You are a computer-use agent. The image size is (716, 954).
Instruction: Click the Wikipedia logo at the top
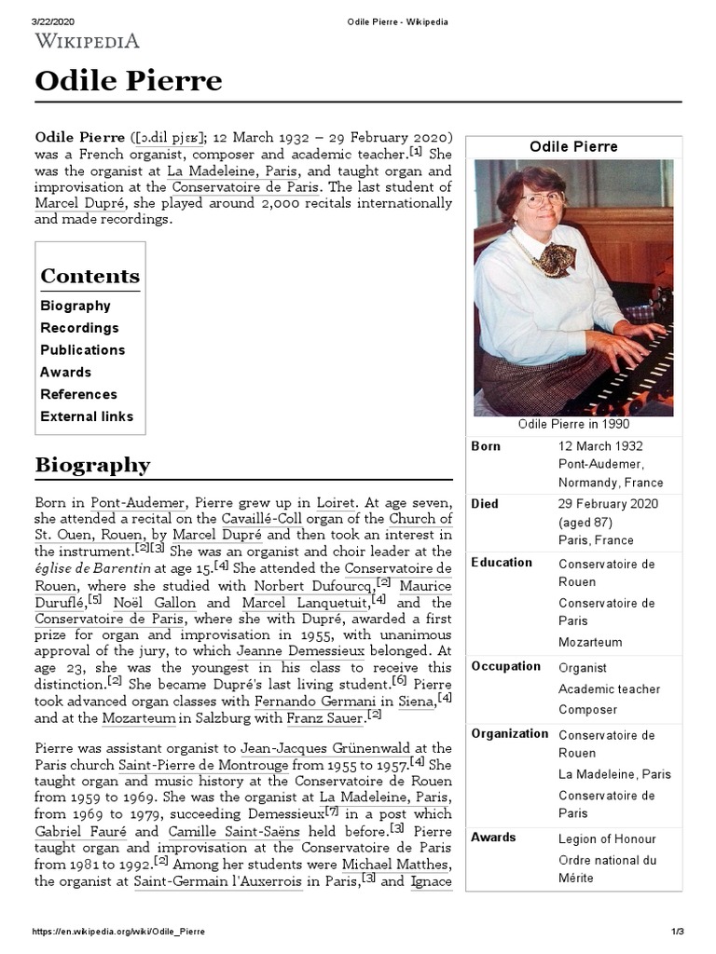click(x=88, y=40)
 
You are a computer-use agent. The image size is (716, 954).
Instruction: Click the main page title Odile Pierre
click(x=129, y=81)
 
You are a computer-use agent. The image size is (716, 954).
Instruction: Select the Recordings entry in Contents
click(x=79, y=328)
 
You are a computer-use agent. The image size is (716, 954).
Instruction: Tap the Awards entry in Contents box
click(x=65, y=372)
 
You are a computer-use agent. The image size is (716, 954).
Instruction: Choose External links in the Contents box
click(x=87, y=416)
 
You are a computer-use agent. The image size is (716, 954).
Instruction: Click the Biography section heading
click(x=92, y=465)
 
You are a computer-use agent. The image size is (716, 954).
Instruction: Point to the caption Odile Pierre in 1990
click(x=573, y=424)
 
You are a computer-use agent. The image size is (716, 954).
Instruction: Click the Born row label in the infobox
click(x=486, y=446)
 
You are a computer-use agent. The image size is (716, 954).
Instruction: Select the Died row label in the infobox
click(x=485, y=504)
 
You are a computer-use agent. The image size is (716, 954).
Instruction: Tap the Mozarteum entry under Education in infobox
click(x=590, y=642)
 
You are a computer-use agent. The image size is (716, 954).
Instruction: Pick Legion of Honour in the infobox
click(x=607, y=838)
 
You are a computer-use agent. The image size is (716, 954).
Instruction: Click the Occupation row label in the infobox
click(x=505, y=666)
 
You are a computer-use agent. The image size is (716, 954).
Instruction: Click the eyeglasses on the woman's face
click(x=544, y=198)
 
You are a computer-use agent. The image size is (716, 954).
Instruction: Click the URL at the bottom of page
click(x=119, y=932)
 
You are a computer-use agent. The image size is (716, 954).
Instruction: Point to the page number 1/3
click(x=678, y=932)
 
